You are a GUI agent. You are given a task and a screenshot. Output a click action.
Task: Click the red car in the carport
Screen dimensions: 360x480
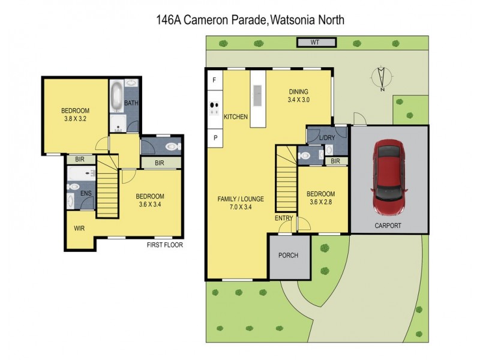coord(389,178)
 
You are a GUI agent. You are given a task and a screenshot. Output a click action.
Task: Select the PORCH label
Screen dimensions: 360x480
coord(289,255)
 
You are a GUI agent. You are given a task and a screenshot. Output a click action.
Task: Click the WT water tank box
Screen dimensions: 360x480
coord(316,42)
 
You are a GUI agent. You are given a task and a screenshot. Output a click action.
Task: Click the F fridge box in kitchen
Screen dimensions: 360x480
coord(214,80)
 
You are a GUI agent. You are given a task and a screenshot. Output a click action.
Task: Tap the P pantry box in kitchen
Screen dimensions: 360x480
coord(214,137)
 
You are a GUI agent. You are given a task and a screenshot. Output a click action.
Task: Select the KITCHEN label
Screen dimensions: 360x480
coord(236,117)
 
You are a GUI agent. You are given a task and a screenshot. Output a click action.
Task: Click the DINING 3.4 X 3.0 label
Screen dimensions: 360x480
coord(298,96)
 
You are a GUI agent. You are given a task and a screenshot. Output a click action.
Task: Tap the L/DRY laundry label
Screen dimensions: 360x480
coord(327,138)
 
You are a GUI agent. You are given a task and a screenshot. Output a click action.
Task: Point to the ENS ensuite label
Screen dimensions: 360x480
coord(86,193)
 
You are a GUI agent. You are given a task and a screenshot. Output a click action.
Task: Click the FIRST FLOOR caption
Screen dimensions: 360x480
coord(164,245)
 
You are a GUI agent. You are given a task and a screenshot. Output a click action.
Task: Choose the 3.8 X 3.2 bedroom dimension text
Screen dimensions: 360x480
coord(75,119)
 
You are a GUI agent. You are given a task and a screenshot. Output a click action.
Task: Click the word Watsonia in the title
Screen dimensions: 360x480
coord(292,20)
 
